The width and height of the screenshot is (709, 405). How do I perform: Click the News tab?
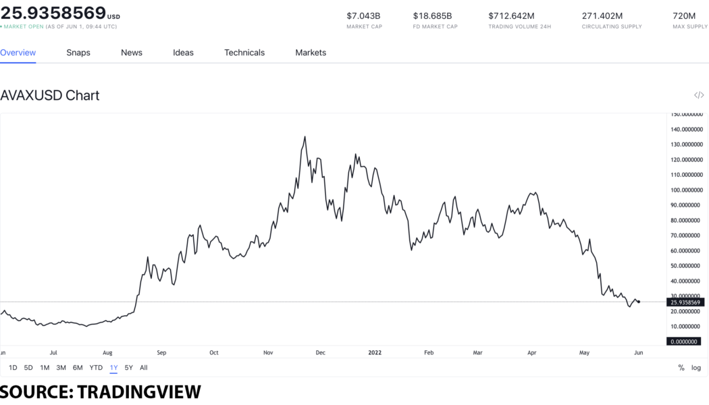[132, 53]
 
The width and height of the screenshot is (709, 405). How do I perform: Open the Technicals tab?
[244, 53]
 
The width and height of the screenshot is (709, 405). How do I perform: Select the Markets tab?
[311, 53]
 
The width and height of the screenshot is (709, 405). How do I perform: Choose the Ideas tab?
[183, 53]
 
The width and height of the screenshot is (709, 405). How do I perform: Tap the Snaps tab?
[78, 53]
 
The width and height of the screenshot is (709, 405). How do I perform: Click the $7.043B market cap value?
[363, 16]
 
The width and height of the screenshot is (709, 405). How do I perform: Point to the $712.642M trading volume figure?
[511, 16]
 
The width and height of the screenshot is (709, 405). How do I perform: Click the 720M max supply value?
[684, 16]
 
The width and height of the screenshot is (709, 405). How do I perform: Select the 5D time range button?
[28, 368]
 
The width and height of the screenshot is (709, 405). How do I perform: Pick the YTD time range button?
[96, 368]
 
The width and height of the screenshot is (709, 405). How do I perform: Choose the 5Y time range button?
[129, 368]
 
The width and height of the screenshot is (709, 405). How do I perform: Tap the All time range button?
[144, 368]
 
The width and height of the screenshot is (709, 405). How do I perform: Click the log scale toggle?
[696, 368]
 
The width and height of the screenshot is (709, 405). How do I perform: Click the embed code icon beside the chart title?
[699, 95]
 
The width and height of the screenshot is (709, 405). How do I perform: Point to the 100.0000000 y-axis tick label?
[687, 190]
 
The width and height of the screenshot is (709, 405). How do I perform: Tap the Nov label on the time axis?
[268, 352]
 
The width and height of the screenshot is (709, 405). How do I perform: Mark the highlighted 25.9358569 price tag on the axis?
[686, 302]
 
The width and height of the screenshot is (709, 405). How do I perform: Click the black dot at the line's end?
[639, 302]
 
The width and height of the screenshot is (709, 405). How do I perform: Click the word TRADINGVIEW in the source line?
[139, 391]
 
